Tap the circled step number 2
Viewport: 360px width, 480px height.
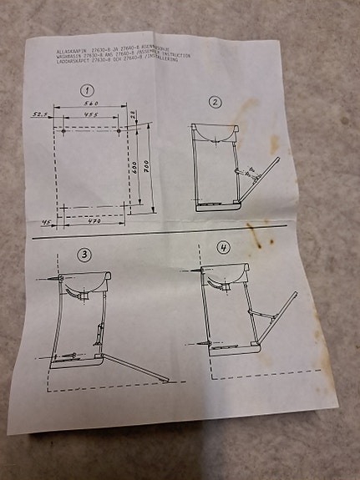[215, 102]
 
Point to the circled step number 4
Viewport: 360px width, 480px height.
[224, 247]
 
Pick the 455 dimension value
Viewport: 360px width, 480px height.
[91, 114]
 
